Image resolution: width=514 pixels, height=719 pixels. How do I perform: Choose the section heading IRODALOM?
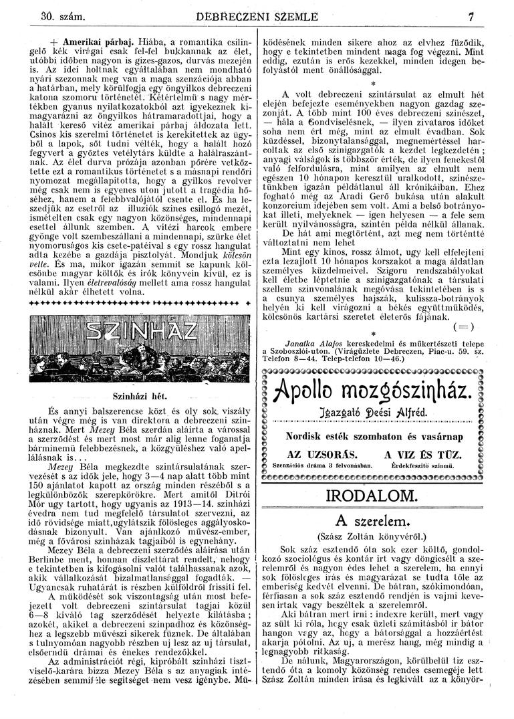373,496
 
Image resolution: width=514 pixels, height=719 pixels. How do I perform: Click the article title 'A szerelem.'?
372,521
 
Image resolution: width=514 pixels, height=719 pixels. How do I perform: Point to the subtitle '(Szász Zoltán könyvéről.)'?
373,536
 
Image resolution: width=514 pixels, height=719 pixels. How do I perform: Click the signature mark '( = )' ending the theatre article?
462,326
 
